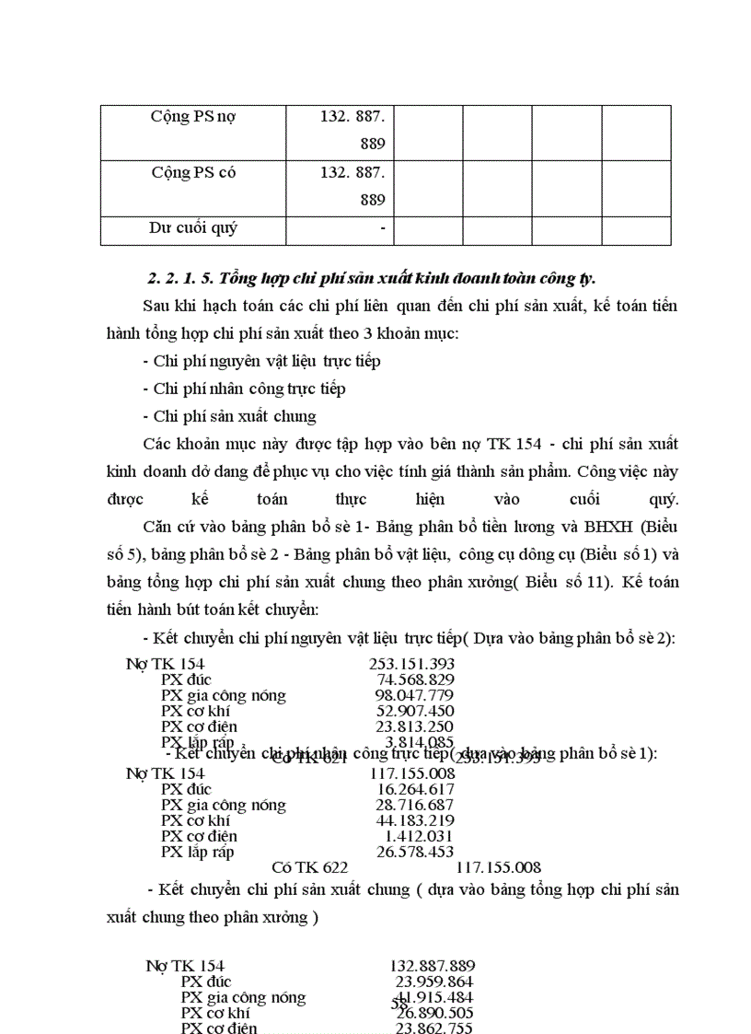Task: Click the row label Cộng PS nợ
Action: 193,117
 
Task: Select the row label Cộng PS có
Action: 193,172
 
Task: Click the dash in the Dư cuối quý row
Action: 381,228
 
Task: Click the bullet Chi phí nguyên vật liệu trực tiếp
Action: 261,361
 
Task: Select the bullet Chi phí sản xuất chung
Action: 229,416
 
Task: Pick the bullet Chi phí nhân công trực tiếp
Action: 244,389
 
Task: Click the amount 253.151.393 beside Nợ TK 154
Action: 411,664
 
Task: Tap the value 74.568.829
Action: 415,680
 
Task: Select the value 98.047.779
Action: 414,695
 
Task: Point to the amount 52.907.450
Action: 414,711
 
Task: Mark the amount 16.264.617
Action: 415,789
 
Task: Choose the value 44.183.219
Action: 414,820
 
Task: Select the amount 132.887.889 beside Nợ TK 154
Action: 433,966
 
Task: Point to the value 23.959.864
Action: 434,982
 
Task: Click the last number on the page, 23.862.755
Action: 434,1028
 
